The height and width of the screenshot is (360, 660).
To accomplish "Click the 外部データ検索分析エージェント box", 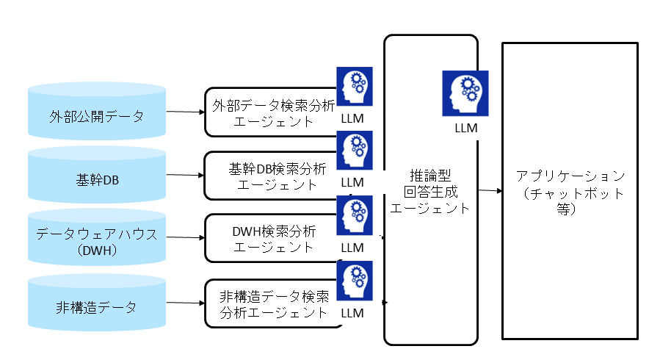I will pos(268,112).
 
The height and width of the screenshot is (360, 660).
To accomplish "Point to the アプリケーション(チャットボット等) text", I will pos(570,192).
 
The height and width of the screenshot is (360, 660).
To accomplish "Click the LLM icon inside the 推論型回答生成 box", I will pos(465,93).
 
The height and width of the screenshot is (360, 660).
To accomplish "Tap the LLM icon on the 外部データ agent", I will pos(354,86).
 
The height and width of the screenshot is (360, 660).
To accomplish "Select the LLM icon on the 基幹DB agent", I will pos(354,150).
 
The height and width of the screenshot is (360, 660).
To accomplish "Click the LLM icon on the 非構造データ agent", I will pos(354,279).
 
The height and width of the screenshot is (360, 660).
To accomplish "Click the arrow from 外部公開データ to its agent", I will pos(186,112).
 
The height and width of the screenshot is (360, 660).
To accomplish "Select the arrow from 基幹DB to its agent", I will pos(186,175).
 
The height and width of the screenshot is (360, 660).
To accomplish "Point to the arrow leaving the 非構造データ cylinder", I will pos(186,303).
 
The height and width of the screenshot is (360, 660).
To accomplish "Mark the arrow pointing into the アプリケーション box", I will pos(490,191).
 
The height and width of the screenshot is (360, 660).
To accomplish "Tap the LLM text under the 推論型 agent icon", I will pos(465,128).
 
